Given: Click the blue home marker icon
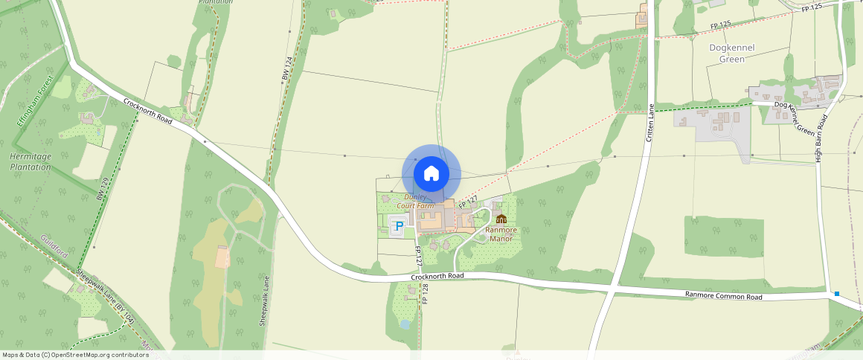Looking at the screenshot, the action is click(431, 174).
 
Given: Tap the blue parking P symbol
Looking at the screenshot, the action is click(400, 225).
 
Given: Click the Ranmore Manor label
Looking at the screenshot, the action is click(500, 234).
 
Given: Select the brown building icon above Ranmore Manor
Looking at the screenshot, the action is click(501, 219).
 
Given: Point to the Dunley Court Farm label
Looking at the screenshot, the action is click(415, 201).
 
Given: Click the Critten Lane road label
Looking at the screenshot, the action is click(649, 123).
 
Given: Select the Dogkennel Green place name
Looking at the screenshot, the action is click(732, 54).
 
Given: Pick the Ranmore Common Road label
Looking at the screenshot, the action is click(723, 296).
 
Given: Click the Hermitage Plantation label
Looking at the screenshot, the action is click(31, 161).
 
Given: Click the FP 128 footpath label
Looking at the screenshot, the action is click(426, 293).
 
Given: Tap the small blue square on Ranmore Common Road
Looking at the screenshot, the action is click(837, 294).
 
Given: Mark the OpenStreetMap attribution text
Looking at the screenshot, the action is click(76, 355).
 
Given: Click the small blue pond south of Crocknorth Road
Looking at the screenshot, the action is click(404, 325).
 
